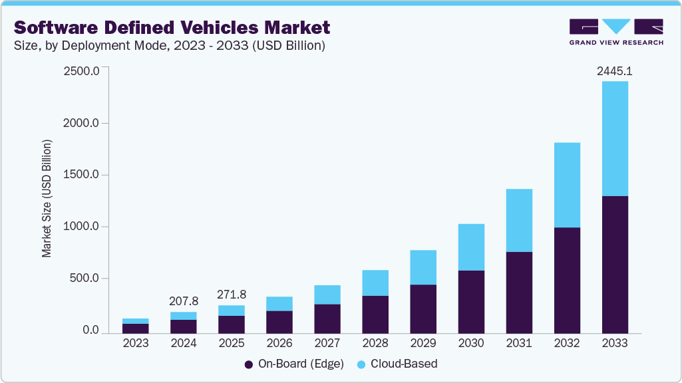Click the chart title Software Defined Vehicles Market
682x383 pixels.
point(172,27)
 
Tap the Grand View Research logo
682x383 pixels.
point(615,32)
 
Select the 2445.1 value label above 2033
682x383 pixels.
point(614,70)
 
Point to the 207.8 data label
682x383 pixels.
point(183,301)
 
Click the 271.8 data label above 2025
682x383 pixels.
point(231,294)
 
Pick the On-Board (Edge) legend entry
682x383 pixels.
point(293,364)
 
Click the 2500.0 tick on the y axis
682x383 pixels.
point(81,71)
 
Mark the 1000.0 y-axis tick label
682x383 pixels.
point(81,227)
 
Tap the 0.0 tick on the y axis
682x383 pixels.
point(90,330)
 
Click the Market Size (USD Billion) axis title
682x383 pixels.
point(47,198)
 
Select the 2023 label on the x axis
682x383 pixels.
point(136,344)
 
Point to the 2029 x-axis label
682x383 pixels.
point(423,344)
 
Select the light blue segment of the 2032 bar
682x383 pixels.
point(567,185)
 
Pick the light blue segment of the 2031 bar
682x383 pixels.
point(519,220)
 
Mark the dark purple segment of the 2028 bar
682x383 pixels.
point(375,315)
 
